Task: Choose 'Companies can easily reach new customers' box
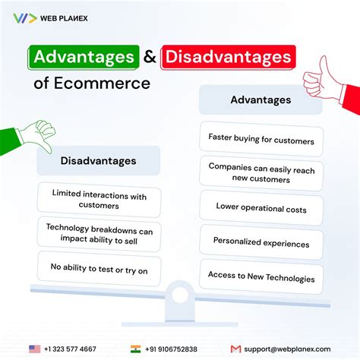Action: click(261, 173)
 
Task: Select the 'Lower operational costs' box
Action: click(261, 206)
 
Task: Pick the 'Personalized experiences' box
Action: click(261, 244)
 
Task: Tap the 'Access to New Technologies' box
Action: click(261, 278)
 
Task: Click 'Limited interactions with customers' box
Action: click(99, 201)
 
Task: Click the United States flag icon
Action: click(34, 349)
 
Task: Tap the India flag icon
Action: click(136, 349)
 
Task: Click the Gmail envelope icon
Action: click(235, 349)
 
